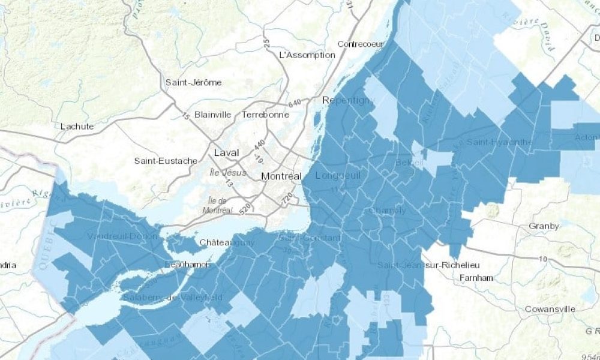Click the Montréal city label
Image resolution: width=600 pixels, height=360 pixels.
coord(280,176)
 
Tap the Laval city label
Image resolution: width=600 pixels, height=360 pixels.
coord(226,153)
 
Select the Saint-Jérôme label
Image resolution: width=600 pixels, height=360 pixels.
coord(193,82)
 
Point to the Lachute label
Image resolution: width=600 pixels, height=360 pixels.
coord(77,126)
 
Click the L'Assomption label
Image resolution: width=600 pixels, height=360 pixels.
coord(307,55)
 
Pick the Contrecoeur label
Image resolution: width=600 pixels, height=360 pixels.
coord(360,44)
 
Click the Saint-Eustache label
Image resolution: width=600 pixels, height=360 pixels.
coord(166,160)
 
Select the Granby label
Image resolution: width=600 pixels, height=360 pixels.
coord(544,226)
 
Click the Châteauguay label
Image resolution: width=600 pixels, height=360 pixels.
coord(227,242)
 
